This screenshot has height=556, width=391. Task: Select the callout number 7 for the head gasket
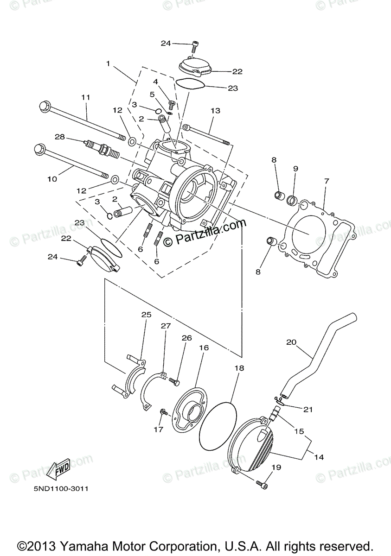[327, 181]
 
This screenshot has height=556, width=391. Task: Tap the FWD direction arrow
[59, 470]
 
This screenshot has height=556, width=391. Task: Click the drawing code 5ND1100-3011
[61, 489]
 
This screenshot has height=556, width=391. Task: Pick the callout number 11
[85, 97]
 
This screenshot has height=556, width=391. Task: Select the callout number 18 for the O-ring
[239, 368]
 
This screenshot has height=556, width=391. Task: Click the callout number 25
[146, 315]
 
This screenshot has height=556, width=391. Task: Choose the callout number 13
[215, 111]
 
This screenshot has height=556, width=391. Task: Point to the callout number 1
[108, 63]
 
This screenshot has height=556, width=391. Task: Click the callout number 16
[204, 347]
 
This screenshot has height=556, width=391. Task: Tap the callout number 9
[295, 169]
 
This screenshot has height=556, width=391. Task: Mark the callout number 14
[319, 457]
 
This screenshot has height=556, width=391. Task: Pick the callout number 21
[308, 409]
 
